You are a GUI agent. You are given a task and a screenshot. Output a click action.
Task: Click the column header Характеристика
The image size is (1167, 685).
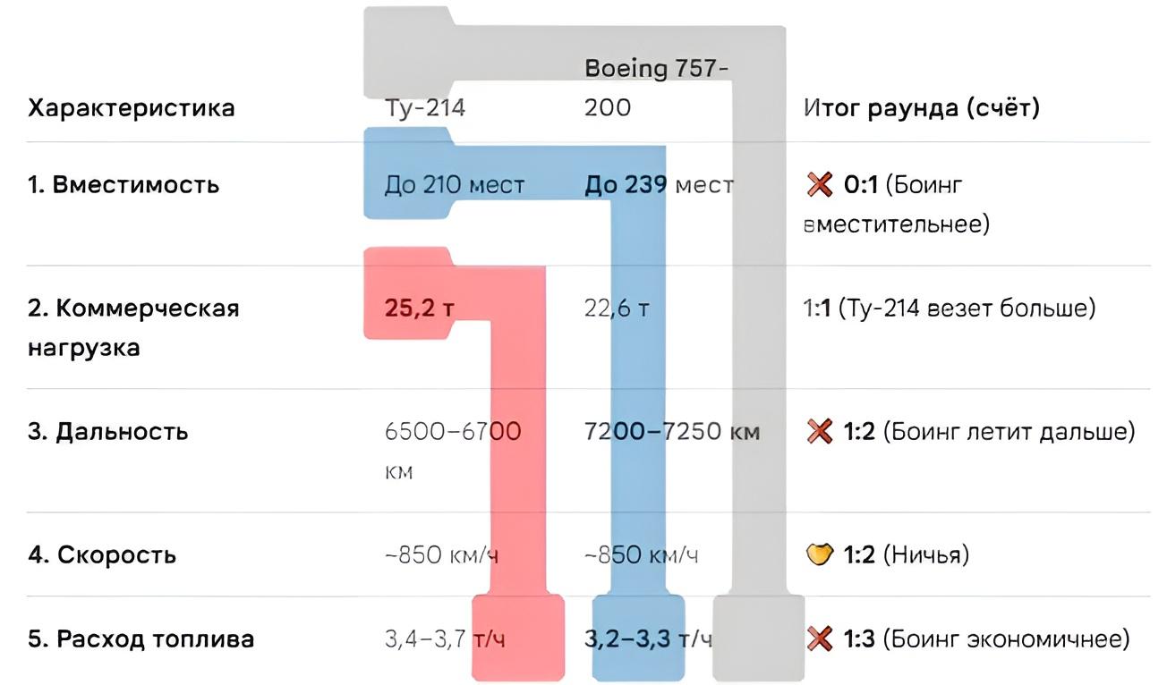(132, 108)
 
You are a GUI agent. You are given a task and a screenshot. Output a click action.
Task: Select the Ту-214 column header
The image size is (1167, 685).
(425, 107)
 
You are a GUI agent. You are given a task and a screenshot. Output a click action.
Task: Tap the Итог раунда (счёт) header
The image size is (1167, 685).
(922, 107)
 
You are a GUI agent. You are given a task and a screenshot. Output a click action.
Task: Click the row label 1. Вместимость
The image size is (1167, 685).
(124, 185)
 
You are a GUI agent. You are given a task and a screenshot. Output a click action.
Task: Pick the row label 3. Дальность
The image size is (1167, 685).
(108, 432)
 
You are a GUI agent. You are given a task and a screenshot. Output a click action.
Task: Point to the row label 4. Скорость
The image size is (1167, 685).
(102, 554)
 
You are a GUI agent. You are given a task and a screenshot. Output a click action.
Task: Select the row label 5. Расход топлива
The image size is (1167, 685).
(141, 638)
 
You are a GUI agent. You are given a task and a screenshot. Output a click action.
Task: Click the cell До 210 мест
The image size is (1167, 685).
(455, 185)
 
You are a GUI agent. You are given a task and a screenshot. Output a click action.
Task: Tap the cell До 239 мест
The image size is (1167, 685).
(659, 185)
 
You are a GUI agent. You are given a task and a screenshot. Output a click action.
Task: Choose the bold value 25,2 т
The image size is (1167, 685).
(420, 309)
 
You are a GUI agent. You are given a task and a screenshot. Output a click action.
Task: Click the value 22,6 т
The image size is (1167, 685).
(617, 309)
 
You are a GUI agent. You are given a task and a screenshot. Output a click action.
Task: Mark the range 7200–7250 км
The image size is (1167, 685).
(672, 432)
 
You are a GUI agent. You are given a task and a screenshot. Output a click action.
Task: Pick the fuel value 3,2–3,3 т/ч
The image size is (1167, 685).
(648, 638)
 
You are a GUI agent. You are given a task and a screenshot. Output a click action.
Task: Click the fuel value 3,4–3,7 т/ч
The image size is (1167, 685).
(445, 638)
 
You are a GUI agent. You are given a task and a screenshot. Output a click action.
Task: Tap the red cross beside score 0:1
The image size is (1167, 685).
(820, 185)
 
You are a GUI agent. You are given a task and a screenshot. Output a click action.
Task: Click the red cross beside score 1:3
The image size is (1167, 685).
(820, 638)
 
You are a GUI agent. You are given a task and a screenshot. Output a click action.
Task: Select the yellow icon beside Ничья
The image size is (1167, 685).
(820, 554)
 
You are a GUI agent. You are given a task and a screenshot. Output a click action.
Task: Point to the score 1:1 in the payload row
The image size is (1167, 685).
(817, 309)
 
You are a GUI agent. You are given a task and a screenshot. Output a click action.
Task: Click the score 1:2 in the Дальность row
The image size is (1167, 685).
(859, 432)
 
